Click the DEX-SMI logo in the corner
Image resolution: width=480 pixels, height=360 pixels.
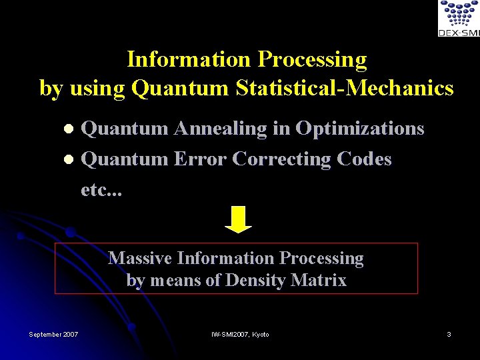(x=458, y=18)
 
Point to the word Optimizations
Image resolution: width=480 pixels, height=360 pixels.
(x=359, y=128)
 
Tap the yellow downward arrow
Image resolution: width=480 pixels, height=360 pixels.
(x=238, y=219)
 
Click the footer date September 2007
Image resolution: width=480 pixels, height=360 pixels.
(x=53, y=334)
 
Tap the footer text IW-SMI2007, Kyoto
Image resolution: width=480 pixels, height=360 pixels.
(x=240, y=334)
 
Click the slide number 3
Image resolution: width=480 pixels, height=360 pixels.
(x=449, y=334)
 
